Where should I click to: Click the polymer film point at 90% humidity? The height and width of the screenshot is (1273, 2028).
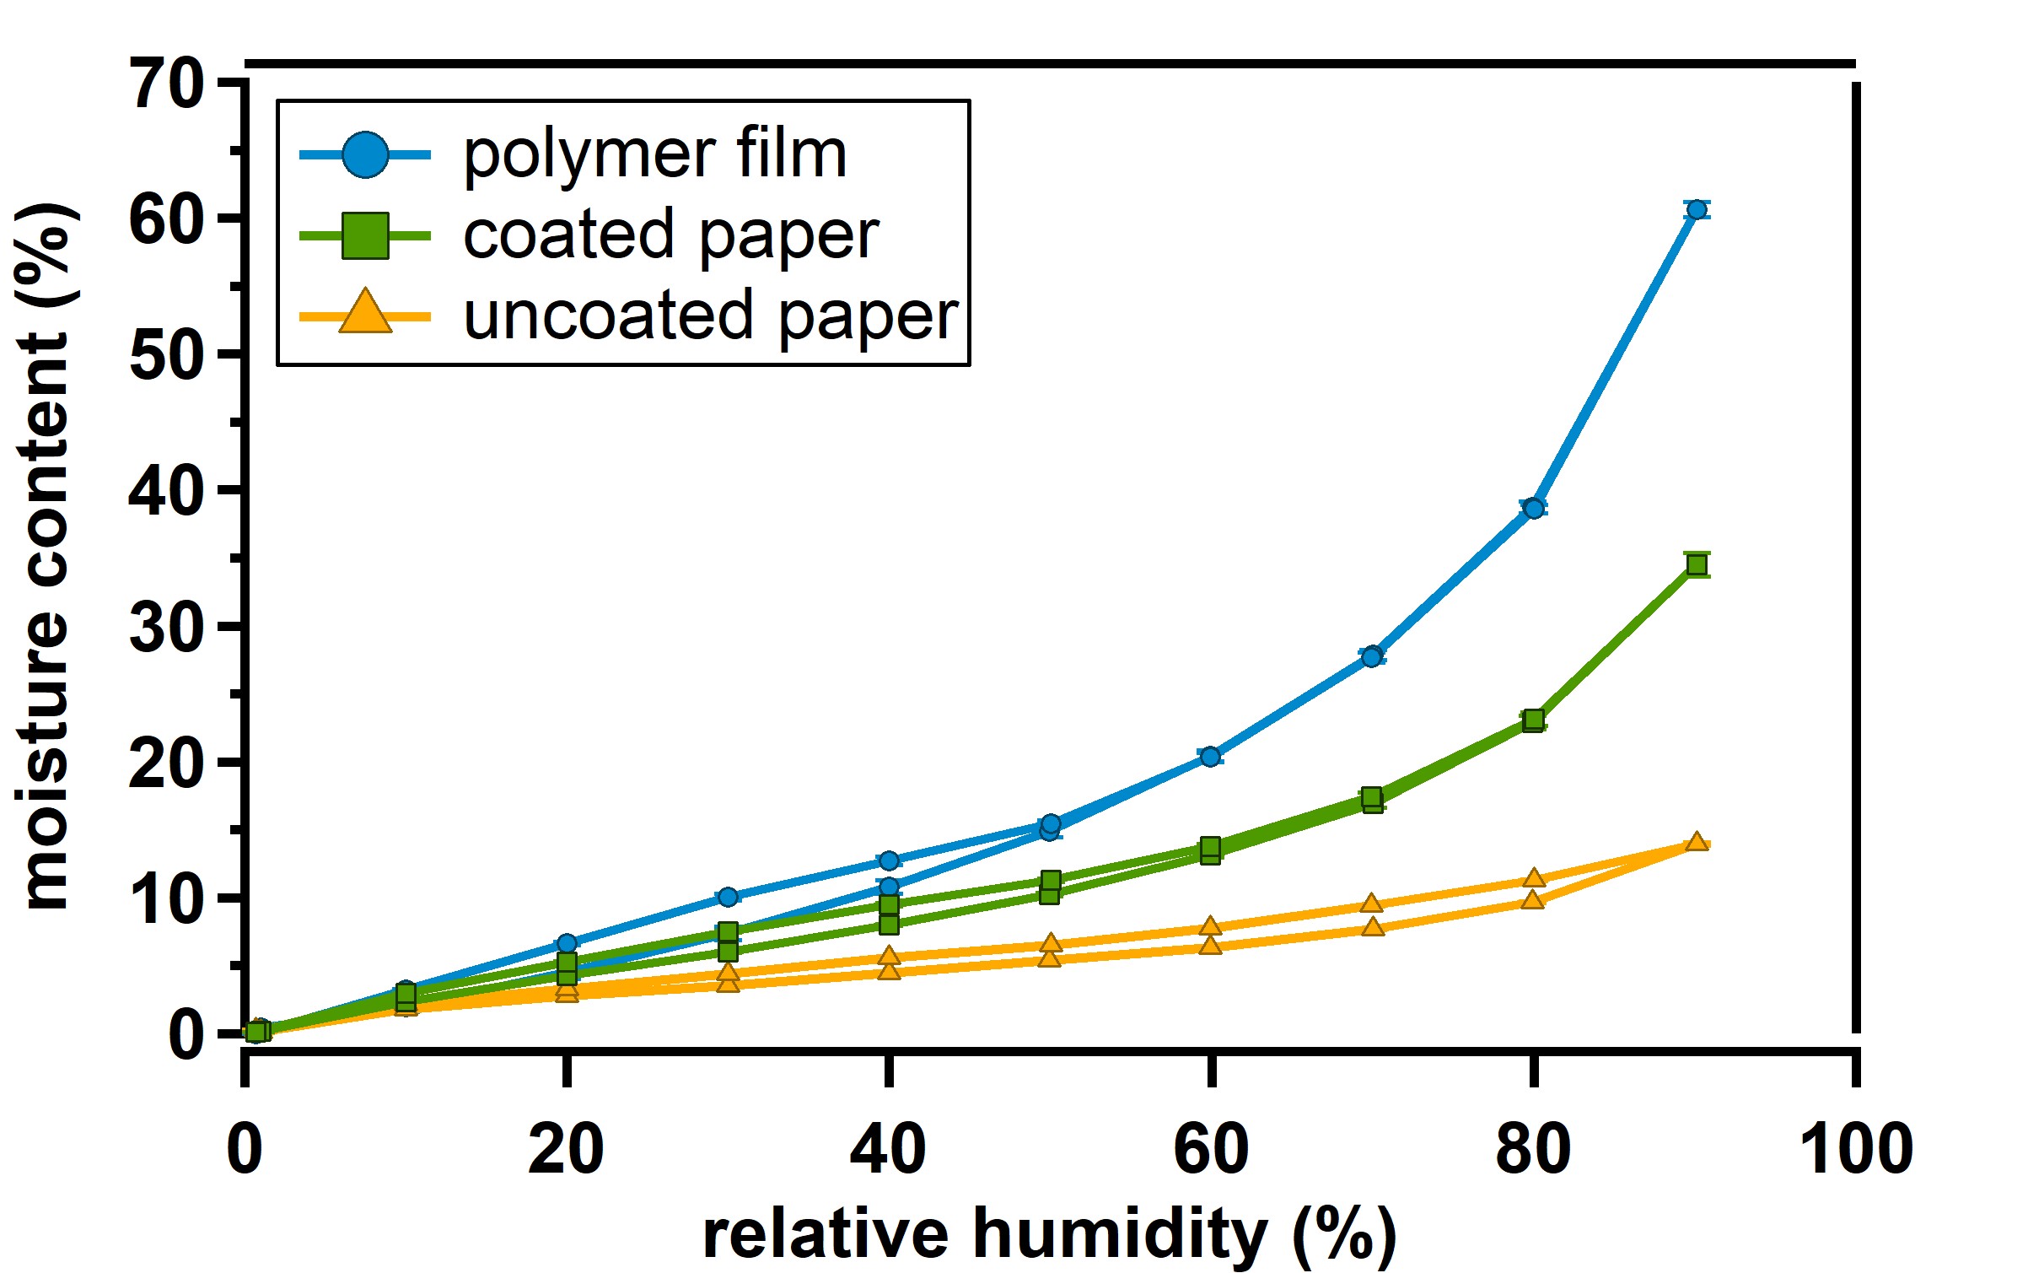click(x=1697, y=209)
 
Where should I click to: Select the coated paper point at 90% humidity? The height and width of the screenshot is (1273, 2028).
click(x=1697, y=564)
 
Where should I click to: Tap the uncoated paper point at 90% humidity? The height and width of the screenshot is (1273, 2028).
click(x=1697, y=842)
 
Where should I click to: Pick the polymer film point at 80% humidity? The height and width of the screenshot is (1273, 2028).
click(x=1534, y=508)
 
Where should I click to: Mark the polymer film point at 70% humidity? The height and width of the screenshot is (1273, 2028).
click(x=1372, y=655)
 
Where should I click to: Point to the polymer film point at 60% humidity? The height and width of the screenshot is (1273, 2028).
click(x=1210, y=756)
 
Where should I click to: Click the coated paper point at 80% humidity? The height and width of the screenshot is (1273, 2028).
click(x=1534, y=720)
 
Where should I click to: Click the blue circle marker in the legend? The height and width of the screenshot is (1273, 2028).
click(x=365, y=155)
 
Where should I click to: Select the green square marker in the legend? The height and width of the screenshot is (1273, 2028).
click(x=365, y=235)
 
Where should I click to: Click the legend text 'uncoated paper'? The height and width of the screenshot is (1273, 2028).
click(x=711, y=317)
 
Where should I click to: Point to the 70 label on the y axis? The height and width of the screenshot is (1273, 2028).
click(x=168, y=84)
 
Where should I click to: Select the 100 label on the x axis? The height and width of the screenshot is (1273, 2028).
click(x=1856, y=1149)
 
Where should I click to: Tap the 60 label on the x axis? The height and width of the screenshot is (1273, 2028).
click(x=1211, y=1149)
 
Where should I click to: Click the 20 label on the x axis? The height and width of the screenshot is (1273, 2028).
click(x=566, y=1149)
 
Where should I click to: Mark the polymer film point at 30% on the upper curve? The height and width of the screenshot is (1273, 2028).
click(x=728, y=896)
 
